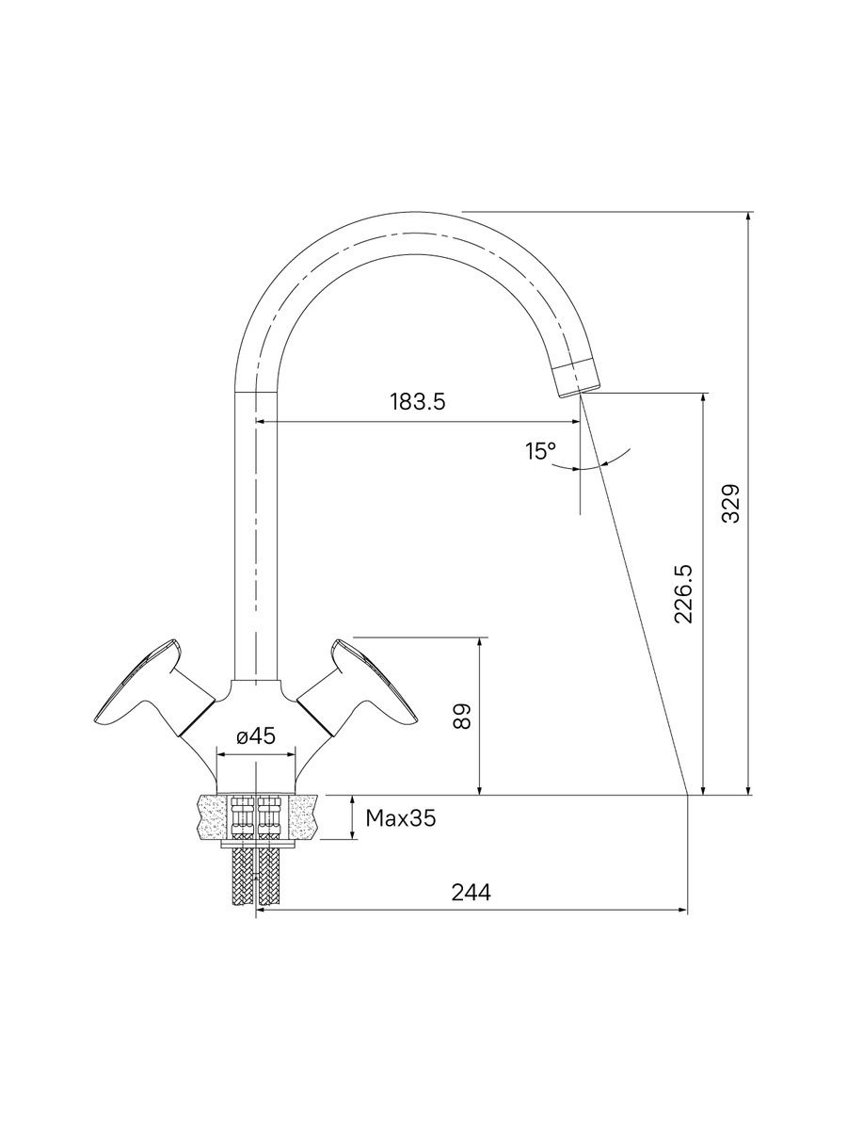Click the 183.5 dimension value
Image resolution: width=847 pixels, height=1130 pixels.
pyautogui.click(x=417, y=402)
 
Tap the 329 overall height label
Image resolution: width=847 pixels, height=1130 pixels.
pyautogui.click(x=730, y=503)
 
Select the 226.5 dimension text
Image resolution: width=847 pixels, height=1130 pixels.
pyautogui.click(x=683, y=594)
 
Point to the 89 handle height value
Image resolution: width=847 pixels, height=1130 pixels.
pyautogui.click(x=462, y=716)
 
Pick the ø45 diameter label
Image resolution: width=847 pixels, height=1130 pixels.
pyautogui.click(x=256, y=736)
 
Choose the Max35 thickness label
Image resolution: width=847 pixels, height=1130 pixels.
pyautogui.click(x=401, y=817)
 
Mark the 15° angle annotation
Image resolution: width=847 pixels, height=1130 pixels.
pyautogui.click(x=540, y=451)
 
